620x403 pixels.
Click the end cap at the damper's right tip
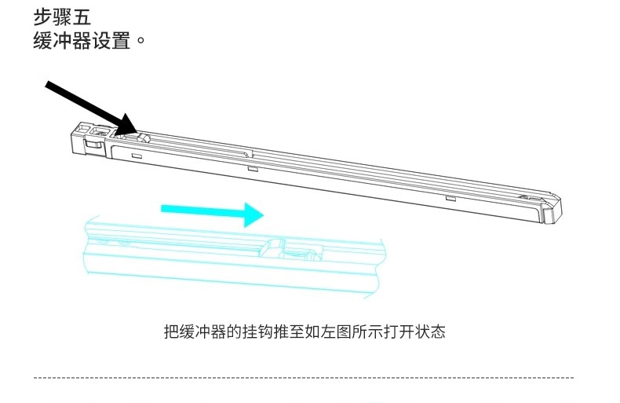point(551,208)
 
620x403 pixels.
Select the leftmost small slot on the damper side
point(137,157)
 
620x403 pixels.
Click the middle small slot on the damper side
point(252,167)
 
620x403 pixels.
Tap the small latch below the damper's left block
point(93,144)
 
